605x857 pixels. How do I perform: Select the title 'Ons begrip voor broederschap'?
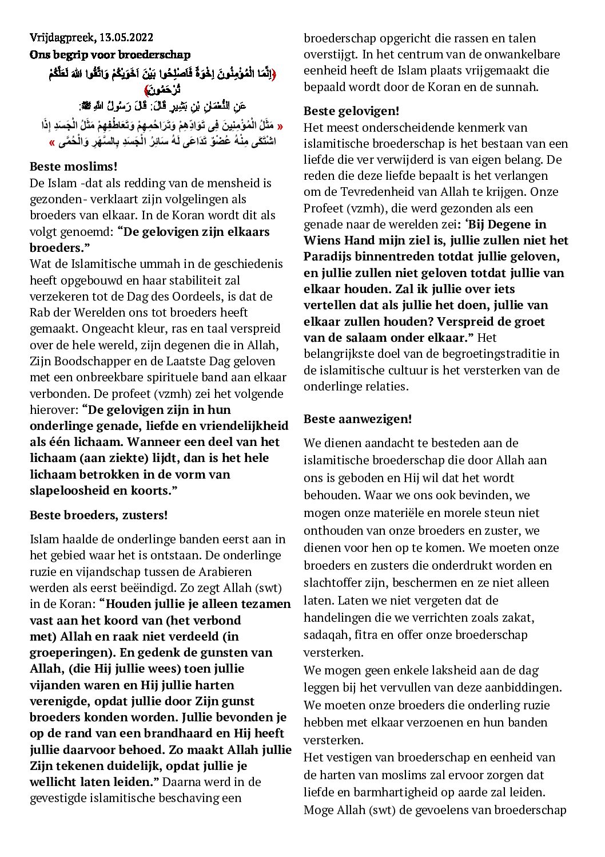tap(110, 55)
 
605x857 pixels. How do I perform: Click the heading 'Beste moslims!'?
tap(73, 167)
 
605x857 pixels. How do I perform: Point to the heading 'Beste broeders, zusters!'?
tap(98, 515)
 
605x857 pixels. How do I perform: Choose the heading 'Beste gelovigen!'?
tap(351, 111)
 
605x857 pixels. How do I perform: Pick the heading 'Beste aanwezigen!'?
tap(357, 418)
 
